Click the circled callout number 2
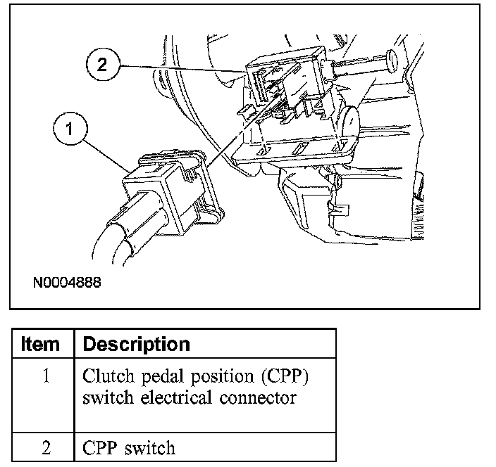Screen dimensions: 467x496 click(103, 66)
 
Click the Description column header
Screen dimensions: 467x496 click(137, 345)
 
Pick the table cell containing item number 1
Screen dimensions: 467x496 click(45, 376)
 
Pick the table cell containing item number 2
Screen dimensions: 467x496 click(45, 447)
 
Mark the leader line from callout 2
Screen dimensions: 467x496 click(183, 68)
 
